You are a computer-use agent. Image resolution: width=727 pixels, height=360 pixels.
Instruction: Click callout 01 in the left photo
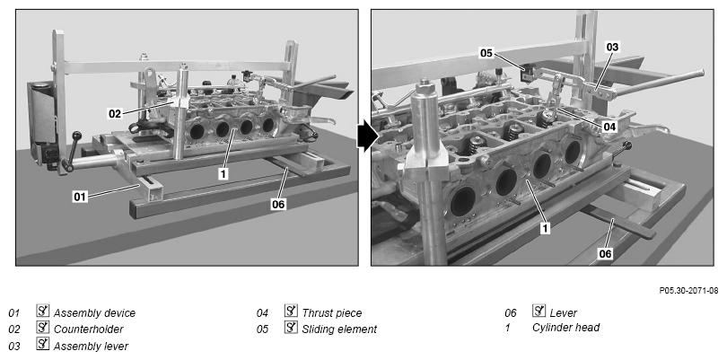81,197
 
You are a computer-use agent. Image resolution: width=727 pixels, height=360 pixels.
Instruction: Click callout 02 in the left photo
116,113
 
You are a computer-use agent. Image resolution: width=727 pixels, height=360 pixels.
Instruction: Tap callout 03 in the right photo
612,47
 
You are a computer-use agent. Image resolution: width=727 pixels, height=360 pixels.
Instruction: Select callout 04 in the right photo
610,127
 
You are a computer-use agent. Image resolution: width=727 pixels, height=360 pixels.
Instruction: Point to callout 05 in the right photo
486,53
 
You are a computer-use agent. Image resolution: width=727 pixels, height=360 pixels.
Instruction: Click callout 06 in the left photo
278,204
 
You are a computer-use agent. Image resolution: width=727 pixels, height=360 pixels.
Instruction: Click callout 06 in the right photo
606,253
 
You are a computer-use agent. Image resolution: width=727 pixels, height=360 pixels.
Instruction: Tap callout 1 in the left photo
223,173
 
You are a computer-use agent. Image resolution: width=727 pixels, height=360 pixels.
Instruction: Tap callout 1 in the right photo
546,228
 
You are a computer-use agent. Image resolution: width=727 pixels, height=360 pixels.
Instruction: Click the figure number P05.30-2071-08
688,291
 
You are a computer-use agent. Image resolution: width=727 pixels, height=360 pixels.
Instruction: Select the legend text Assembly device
94,313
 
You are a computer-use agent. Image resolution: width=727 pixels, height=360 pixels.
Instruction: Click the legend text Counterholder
89,329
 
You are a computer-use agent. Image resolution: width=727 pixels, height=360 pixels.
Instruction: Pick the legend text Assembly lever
91,346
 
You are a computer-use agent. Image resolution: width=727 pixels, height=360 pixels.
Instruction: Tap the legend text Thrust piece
332,313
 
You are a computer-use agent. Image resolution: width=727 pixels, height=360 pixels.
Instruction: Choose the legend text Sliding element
339,329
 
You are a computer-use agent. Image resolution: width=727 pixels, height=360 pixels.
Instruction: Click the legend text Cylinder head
565,328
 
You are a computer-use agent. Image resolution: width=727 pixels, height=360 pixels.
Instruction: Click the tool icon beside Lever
539,311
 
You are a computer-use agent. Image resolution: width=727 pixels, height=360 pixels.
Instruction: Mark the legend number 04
262,313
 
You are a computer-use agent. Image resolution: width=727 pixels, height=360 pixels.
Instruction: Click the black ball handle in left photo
76,136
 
